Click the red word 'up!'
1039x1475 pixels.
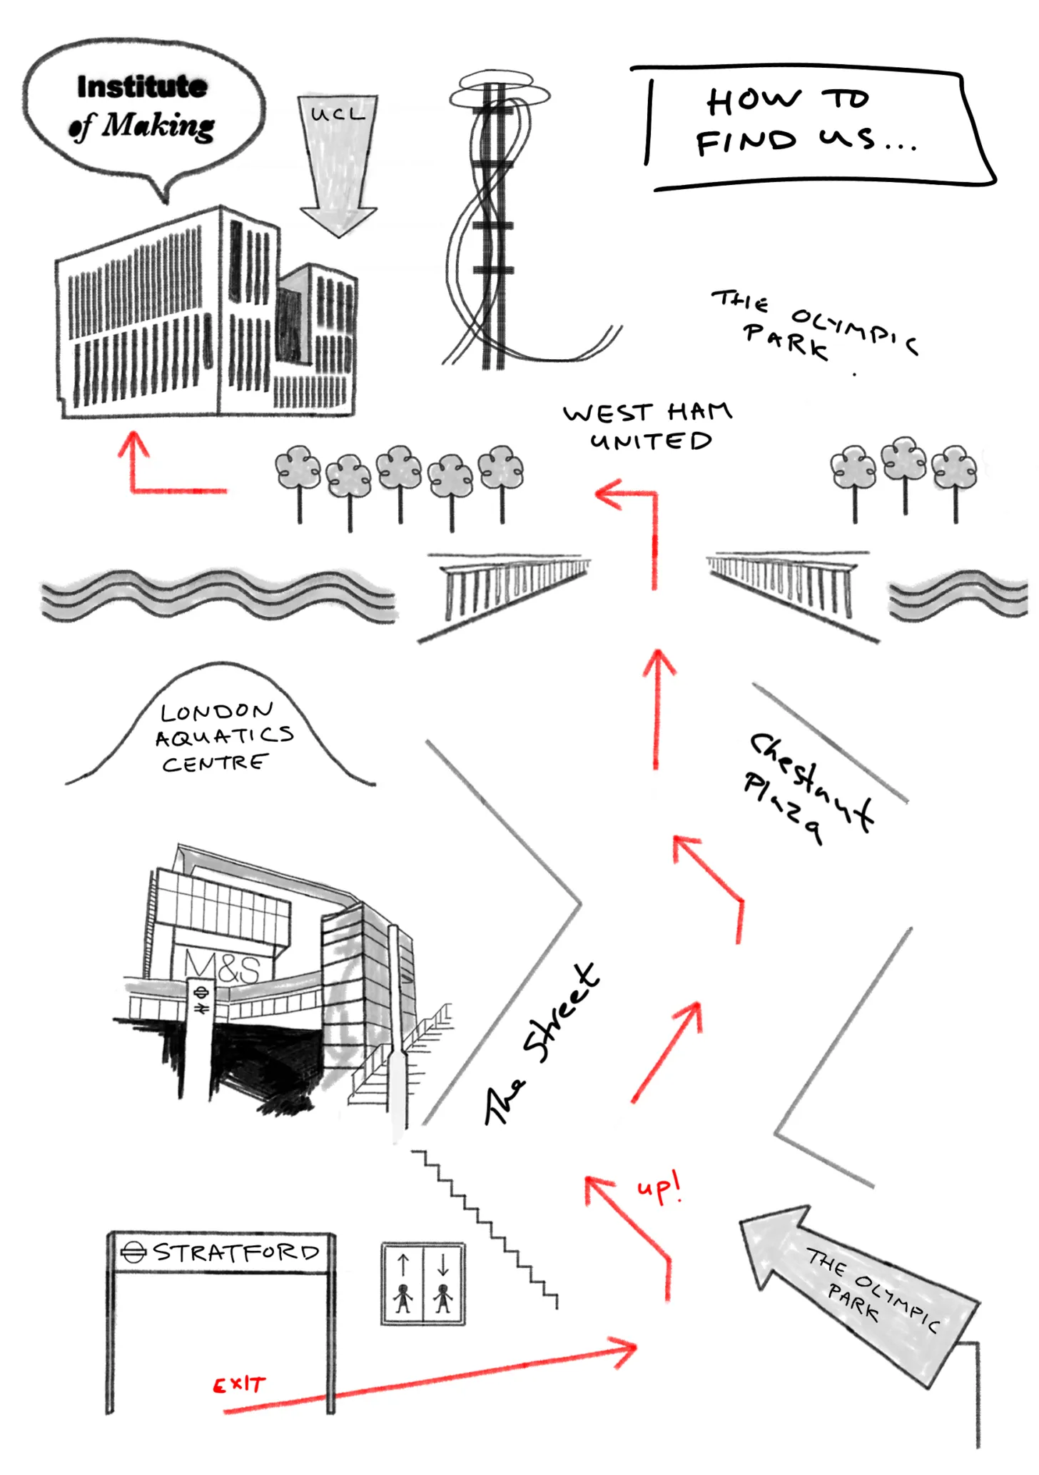pyautogui.click(x=659, y=1189)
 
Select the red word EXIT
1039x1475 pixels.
pyautogui.click(x=240, y=1385)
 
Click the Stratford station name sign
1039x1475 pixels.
pyautogui.click(x=221, y=1252)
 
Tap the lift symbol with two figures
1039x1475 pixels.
pyautogui.click(x=423, y=1283)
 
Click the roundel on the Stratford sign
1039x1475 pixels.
pyautogui.click(x=133, y=1252)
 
